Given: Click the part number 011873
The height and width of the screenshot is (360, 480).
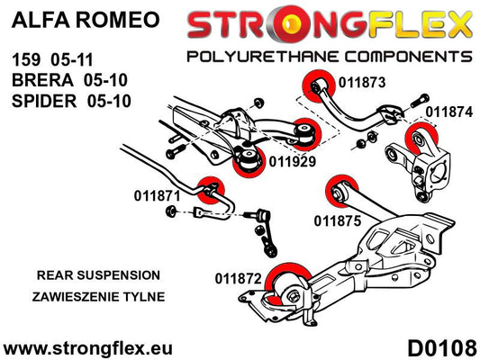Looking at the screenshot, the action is (x=362, y=83).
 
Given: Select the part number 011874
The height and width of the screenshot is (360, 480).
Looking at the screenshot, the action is (x=449, y=112).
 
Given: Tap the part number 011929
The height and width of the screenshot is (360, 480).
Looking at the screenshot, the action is (x=293, y=162).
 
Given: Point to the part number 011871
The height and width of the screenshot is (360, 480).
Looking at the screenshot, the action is (x=158, y=196).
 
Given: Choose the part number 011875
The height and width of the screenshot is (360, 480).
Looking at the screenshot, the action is (x=338, y=220).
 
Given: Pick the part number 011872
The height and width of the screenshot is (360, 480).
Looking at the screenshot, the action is (x=239, y=279).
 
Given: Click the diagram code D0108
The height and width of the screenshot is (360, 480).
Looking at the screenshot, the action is (x=442, y=348).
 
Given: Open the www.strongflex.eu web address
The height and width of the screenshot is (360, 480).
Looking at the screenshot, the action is (x=88, y=348).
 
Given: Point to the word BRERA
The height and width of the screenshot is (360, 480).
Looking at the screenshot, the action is (x=42, y=80).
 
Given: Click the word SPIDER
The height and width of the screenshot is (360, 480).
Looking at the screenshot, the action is (x=44, y=101).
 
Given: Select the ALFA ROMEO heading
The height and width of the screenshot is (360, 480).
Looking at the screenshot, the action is (x=86, y=20).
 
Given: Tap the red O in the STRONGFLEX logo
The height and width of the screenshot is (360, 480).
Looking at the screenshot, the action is (x=290, y=24).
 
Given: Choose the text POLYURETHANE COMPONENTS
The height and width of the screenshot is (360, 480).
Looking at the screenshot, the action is (x=330, y=57).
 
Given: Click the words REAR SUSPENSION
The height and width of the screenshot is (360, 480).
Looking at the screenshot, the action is (x=98, y=275).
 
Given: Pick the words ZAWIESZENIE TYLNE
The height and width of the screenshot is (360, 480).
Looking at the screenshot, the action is (x=98, y=297).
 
